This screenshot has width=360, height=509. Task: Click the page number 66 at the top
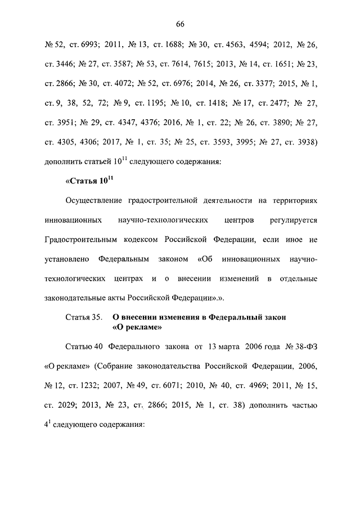tap(180, 23)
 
